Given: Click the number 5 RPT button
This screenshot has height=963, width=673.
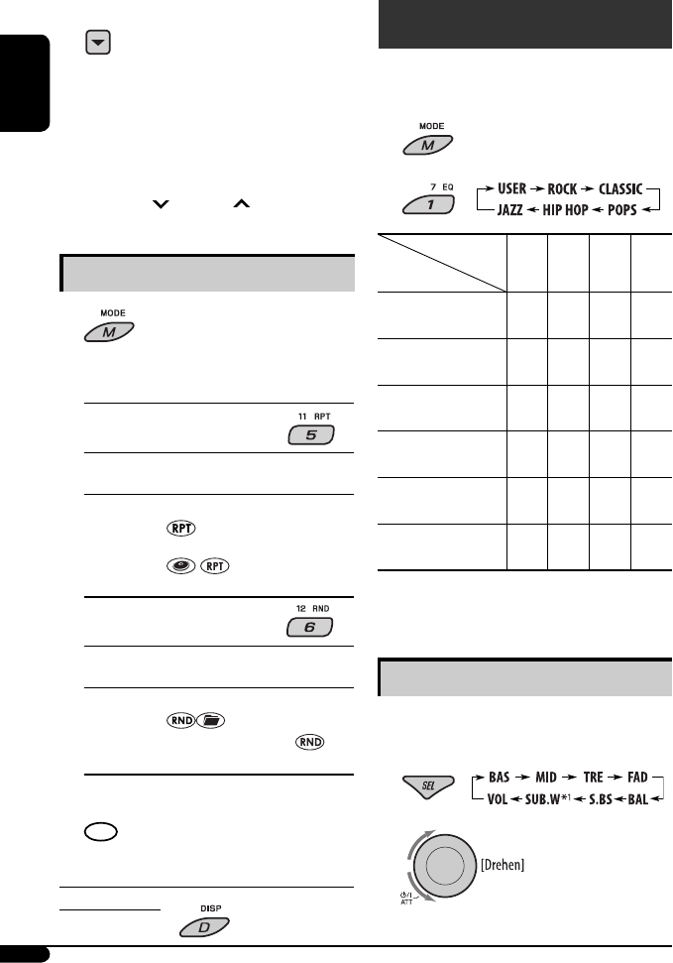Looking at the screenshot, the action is click(x=310, y=435).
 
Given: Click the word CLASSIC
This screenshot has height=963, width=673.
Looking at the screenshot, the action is click(x=613, y=188).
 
